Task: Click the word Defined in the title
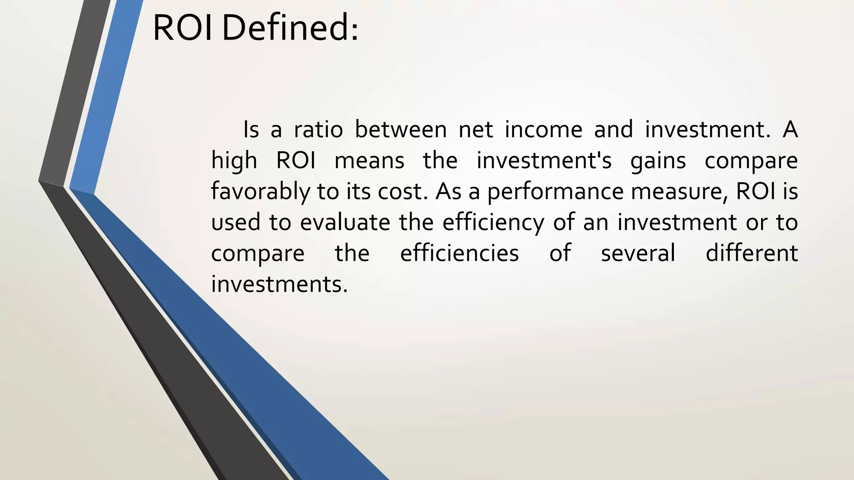pyautogui.click(x=289, y=28)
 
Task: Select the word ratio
pyautogui.click(x=318, y=130)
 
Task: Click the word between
pyautogui.click(x=400, y=130)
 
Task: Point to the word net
pyautogui.click(x=476, y=130)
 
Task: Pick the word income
pyautogui.click(x=543, y=130)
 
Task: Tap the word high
pyautogui.click(x=234, y=161)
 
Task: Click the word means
pyautogui.click(x=369, y=161)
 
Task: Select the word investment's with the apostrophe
pyautogui.click(x=544, y=161)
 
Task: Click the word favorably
pyautogui.click(x=260, y=192)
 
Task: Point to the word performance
pyautogui.click(x=555, y=192)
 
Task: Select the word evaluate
pyautogui.click(x=345, y=222)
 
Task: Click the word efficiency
pyautogui.click(x=493, y=222)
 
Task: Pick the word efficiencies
pyautogui.click(x=459, y=253)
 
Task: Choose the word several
pyautogui.click(x=638, y=253)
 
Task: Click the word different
pyautogui.click(x=751, y=253)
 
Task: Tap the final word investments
pyautogui.click(x=279, y=284)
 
